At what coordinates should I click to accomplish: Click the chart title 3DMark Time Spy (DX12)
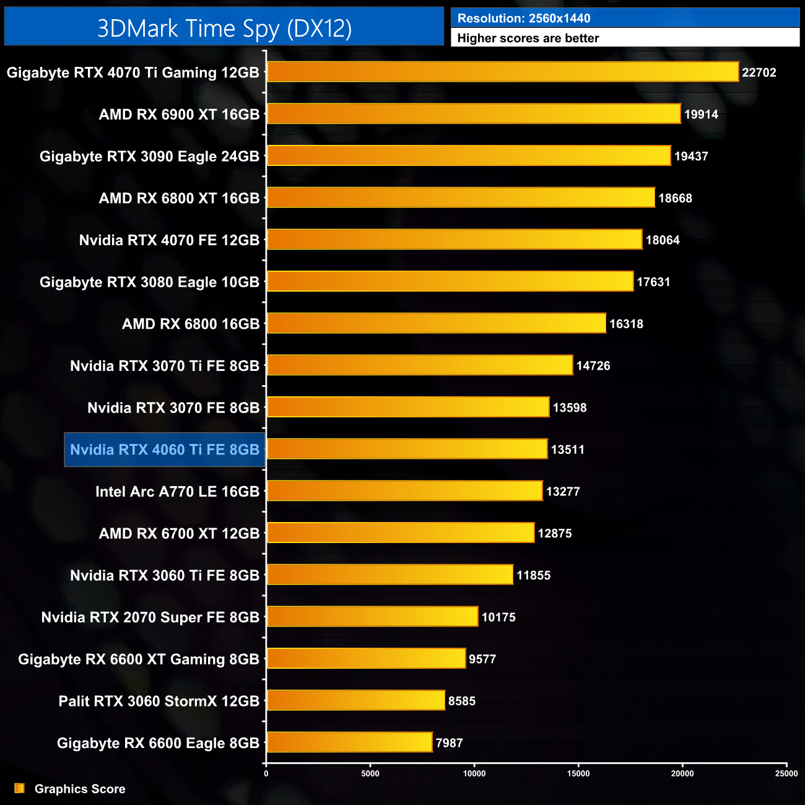point(224,28)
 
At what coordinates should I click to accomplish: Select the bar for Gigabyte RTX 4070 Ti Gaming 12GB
point(502,72)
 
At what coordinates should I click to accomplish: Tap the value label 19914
point(701,115)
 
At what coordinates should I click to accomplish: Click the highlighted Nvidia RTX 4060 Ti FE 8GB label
point(165,450)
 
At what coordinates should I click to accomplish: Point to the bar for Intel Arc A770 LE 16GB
point(404,491)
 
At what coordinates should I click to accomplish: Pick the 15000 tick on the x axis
point(578,773)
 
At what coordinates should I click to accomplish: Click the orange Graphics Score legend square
point(19,788)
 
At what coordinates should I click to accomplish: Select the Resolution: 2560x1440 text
point(524,19)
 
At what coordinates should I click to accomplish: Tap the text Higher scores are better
point(528,38)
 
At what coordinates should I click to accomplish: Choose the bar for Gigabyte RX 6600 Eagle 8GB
point(349,742)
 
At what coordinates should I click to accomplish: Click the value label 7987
point(449,743)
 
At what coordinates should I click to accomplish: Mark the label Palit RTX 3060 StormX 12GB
point(159,701)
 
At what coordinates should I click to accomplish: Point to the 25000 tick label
point(786,773)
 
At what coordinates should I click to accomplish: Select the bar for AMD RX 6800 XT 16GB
point(461,198)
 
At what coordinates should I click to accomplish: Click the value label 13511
point(567,450)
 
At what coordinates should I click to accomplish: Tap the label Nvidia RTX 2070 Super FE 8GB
point(150,617)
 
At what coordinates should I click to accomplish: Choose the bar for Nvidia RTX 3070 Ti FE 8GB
point(419,365)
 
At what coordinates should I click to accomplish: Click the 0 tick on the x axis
point(266,773)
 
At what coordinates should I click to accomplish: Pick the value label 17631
point(653,282)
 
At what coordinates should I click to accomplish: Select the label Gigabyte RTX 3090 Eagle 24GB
point(149,157)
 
